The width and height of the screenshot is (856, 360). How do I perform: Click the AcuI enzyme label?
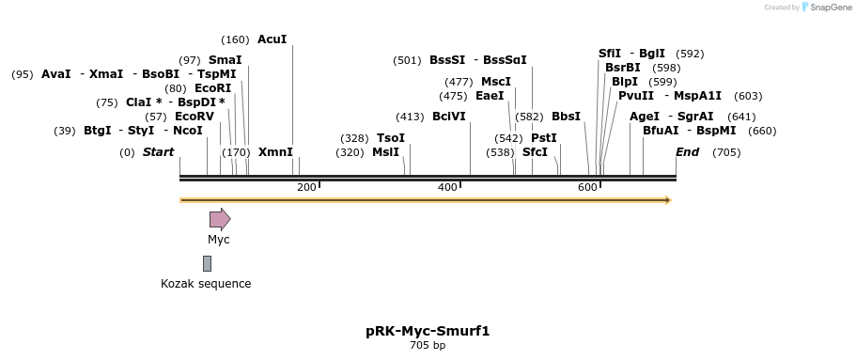[x=272, y=39]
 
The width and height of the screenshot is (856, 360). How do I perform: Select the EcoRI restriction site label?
[x=212, y=88]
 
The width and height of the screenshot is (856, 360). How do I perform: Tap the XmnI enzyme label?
[x=275, y=152]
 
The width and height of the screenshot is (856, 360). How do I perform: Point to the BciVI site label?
[x=448, y=117]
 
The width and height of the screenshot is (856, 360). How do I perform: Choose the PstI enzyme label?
[x=543, y=138]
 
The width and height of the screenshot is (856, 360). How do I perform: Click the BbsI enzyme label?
[x=566, y=117]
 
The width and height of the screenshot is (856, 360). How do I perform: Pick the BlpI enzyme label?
[x=624, y=82]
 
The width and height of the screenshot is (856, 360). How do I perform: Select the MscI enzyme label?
[x=496, y=82]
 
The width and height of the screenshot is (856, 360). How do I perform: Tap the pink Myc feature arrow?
[x=219, y=220]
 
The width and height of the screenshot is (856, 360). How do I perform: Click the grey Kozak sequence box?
[x=207, y=263]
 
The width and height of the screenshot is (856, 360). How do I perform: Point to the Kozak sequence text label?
[x=206, y=284]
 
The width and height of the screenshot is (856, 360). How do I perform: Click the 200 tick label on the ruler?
[x=306, y=188]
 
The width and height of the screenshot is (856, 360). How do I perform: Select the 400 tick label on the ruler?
[x=447, y=188]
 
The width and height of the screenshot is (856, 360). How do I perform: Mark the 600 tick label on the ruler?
[x=587, y=188]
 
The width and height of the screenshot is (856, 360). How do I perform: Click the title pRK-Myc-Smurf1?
[x=428, y=331]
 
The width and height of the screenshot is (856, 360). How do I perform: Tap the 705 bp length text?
[x=428, y=346]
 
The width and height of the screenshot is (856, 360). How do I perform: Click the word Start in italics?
[x=158, y=152]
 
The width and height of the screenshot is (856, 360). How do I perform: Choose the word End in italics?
[x=688, y=152]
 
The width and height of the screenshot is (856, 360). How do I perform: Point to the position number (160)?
[x=235, y=39]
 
